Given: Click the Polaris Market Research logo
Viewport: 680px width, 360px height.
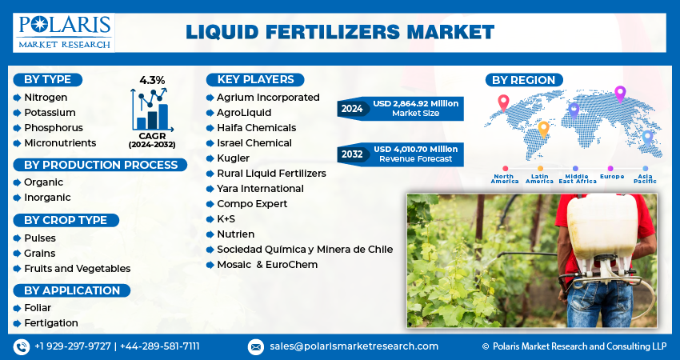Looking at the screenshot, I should tap(64, 31).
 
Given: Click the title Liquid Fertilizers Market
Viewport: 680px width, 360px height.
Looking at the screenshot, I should tap(340, 32).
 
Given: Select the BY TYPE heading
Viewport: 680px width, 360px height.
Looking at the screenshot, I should tap(47, 79).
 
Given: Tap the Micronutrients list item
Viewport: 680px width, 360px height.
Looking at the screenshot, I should tap(60, 143).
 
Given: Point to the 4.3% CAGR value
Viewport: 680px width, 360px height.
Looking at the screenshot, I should tap(151, 80).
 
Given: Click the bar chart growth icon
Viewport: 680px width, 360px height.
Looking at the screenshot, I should tap(151, 110).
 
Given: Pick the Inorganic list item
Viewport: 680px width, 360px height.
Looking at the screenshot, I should tap(47, 198).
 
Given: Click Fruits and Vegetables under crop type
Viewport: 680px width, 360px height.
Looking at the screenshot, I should tap(77, 269).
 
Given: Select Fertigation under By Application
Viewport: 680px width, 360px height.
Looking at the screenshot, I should tap(50, 323).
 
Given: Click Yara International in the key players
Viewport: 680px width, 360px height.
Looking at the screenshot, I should tap(260, 189).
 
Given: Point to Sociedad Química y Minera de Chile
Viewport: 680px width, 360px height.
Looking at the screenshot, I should tap(305, 250).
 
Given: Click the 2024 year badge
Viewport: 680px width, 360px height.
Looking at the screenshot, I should tap(352, 108).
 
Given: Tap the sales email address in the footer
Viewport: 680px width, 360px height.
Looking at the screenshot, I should tap(354, 346).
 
